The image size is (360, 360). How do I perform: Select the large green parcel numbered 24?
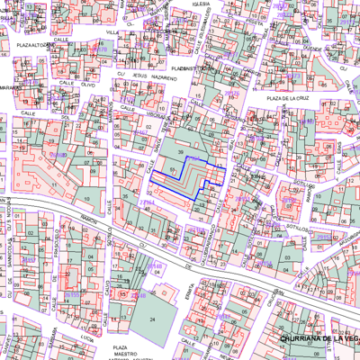[152, 319]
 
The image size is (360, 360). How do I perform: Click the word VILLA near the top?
[112, 32]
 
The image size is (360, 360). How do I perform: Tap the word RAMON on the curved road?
[88, 219]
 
